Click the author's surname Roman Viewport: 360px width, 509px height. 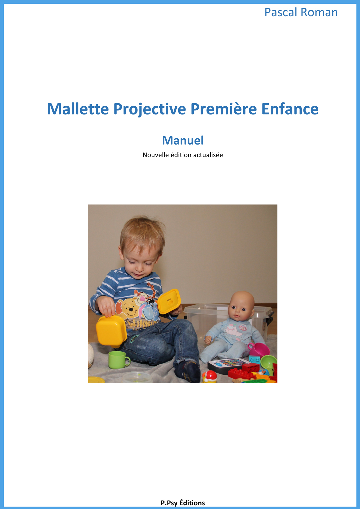coord(319,12)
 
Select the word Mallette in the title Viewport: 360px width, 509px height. coord(78,109)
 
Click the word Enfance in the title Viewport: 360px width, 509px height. coord(290,109)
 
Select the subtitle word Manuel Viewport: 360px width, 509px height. coord(183,140)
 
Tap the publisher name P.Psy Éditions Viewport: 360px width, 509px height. coord(183,503)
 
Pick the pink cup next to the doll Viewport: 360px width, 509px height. coord(259,349)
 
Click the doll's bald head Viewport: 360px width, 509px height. coord(242,304)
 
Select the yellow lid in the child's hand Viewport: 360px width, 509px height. coord(169,301)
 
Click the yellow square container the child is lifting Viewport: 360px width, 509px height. coord(111,331)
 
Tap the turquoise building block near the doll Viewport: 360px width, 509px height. coord(255,360)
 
